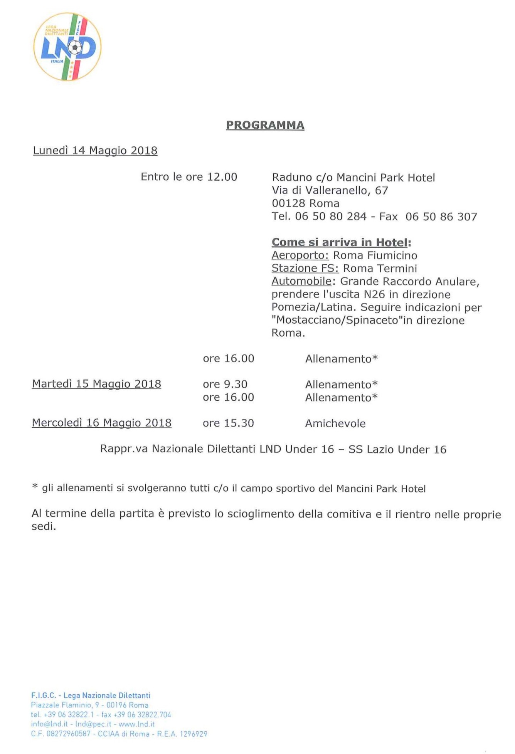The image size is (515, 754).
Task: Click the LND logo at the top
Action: (x=67, y=47)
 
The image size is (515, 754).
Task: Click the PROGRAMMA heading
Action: (x=265, y=125)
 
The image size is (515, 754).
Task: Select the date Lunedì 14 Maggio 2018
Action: (x=95, y=151)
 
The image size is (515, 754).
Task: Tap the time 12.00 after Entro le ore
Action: (x=222, y=177)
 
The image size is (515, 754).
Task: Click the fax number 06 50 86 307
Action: (x=441, y=217)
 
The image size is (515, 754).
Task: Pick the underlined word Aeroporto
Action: (x=300, y=255)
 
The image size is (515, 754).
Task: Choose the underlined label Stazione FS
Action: (x=305, y=269)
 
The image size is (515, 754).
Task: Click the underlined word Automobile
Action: (x=301, y=281)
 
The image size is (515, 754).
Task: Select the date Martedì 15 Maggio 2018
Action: (x=96, y=384)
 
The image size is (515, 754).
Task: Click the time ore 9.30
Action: (x=225, y=384)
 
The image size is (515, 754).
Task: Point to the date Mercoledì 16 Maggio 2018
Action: (x=102, y=423)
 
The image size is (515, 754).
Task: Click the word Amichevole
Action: (x=335, y=423)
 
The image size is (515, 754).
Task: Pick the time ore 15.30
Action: (x=228, y=423)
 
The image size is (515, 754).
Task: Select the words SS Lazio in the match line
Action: (x=371, y=450)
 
